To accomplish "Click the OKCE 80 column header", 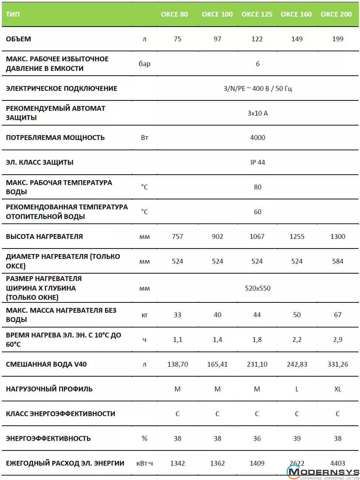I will tap(174, 14).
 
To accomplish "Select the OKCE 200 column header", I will tap(336, 14).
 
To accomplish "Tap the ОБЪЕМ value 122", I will tap(257, 39).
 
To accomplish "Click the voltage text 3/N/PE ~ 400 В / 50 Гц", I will tap(258, 89).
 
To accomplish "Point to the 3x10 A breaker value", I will tap(258, 113).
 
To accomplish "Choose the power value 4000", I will tap(258, 138).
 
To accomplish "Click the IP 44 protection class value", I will tap(258, 162).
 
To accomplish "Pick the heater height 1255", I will tap(297, 237).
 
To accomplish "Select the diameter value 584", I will tap(337, 261).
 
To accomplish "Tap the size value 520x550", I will tap(258, 288).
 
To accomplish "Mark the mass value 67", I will tap(337, 315).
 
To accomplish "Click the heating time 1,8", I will tap(257, 340).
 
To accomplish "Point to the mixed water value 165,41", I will tap(217, 364).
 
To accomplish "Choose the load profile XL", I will tap(337, 389).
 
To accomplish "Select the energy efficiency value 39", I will tap(297, 439).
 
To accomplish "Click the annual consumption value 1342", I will tap(178, 463).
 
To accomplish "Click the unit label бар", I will tap(144, 64).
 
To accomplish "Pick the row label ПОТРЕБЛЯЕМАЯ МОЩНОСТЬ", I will tap(55, 138).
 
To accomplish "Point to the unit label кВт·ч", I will tap(144, 463).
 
